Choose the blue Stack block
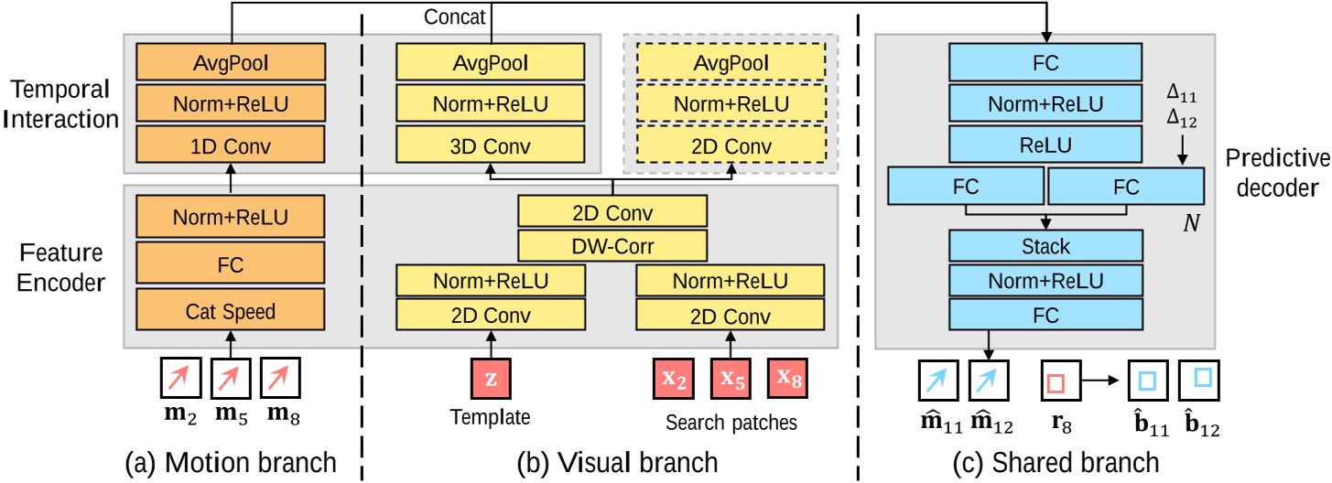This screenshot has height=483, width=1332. (1047, 245)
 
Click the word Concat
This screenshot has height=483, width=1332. (449, 18)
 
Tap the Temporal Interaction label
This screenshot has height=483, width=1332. (60, 105)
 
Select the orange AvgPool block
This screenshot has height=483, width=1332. (231, 64)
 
